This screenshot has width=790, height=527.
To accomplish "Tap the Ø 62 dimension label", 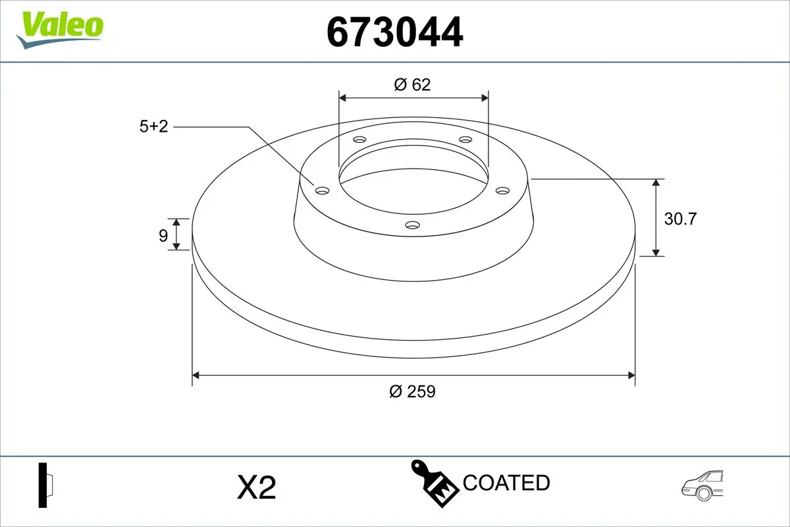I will pos(413,84).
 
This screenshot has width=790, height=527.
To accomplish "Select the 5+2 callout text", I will pos(154,126).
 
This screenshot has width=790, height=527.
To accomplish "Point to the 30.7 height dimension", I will pos(679,219).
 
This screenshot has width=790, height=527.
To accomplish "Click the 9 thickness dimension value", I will pos(163,235).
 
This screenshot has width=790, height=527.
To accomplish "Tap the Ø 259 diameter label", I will pos(412,391).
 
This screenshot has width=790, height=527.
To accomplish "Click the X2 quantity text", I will pos(255,488).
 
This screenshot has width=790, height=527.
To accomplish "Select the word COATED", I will pos(506,483).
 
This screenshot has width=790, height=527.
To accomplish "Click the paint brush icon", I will pos(434,484).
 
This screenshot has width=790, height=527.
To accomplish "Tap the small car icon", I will pos(703,485).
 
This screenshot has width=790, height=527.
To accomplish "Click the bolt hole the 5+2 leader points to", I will pos(322,191).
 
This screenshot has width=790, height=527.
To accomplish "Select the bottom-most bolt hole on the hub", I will pos(413,225).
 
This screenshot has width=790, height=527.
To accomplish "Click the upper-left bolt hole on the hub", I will pos(359,140).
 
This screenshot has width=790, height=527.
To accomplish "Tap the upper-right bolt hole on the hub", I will pos(465,140).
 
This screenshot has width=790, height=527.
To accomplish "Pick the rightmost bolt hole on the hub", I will pos(503,190).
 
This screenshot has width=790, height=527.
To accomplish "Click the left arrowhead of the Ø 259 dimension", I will pos(196,375).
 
